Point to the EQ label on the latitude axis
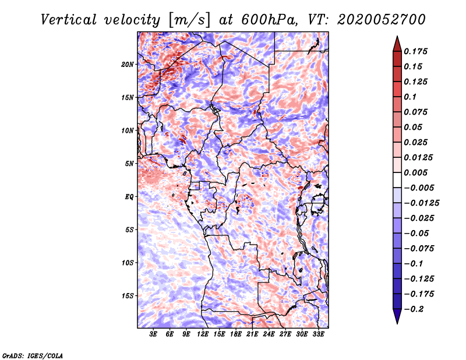point(129,196)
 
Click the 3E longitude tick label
point(154,334)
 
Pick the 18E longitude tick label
point(235,334)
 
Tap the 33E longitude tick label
point(318,334)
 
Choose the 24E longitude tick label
point(269,334)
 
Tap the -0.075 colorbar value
point(419,248)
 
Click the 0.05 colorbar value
point(414,127)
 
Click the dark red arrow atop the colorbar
point(397,43)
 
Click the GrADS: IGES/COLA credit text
point(32,355)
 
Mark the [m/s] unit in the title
point(188,19)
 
